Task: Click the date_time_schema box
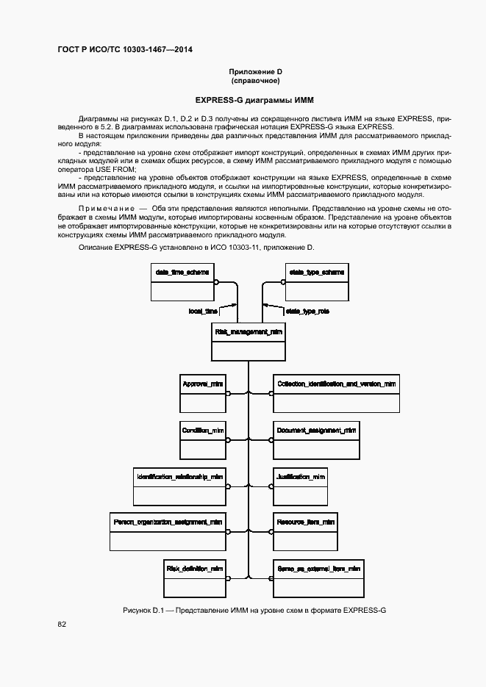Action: tap(182, 282)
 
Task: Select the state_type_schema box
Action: tap(315, 282)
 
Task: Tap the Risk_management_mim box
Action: tap(249, 342)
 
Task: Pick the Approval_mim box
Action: tap(203, 394)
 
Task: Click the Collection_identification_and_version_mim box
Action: tap(337, 394)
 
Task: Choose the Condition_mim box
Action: tap(203, 439)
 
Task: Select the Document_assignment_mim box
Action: tap(317, 439)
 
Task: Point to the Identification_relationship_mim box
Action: tap(179, 486)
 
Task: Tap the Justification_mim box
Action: tap(300, 486)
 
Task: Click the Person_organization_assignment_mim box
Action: tap(168, 531)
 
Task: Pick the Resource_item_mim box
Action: tap(305, 531)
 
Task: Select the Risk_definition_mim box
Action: tap(195, 578)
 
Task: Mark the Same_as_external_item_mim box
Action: tap(318, 578)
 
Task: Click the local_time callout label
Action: tap(203, 312)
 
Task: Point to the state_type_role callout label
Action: tap(307, 312)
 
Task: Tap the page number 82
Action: tap(62, 625)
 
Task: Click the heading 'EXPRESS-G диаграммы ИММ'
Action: tap(243, 100)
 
